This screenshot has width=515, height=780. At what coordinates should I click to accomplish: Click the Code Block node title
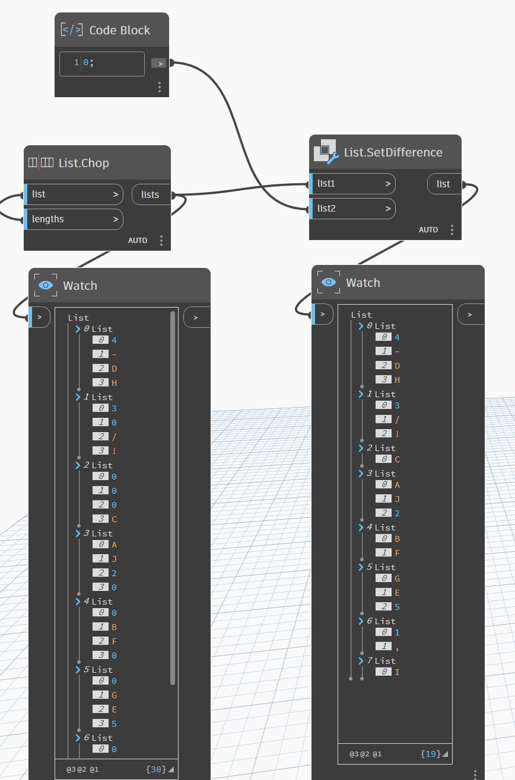(x=120, y=30)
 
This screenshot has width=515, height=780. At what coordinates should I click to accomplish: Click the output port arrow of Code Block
(x=158, y=63)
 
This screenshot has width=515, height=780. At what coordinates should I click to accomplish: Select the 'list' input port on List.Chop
(x=74, y=194)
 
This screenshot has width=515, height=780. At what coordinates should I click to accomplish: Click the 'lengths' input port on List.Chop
(x=74, y=219)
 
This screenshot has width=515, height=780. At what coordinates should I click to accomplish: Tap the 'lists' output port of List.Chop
(x=151, y=194)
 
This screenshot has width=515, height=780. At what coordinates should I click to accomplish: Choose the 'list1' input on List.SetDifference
(x=353, y=184)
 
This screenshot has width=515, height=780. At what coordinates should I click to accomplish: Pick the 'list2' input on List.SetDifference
(x=353, y=209)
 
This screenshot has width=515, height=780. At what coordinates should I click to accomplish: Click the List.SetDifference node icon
(x=326, y=152)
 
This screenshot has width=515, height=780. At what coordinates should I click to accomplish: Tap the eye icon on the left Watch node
(x=46, y=285)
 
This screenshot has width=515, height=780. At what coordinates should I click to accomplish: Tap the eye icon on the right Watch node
(x=329, y=282)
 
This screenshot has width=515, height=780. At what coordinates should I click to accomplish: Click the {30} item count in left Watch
(x=156, y=769)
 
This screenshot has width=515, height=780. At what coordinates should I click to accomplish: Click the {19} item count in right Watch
(x=431, y=754)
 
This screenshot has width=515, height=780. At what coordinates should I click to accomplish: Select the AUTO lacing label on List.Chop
(x=138, y=240)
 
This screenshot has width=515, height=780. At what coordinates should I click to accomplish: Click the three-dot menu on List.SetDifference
(x=452, y=230)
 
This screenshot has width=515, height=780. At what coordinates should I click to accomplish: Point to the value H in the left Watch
(x=114, y=383)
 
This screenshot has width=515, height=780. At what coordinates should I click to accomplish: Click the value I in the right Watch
(x=397, y=672)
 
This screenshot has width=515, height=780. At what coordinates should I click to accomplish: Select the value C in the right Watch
(x=397, y=459)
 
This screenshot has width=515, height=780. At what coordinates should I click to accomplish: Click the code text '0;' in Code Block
(x=88, y=63)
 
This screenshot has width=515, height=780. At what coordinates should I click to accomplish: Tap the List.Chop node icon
(x=41, y=162)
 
